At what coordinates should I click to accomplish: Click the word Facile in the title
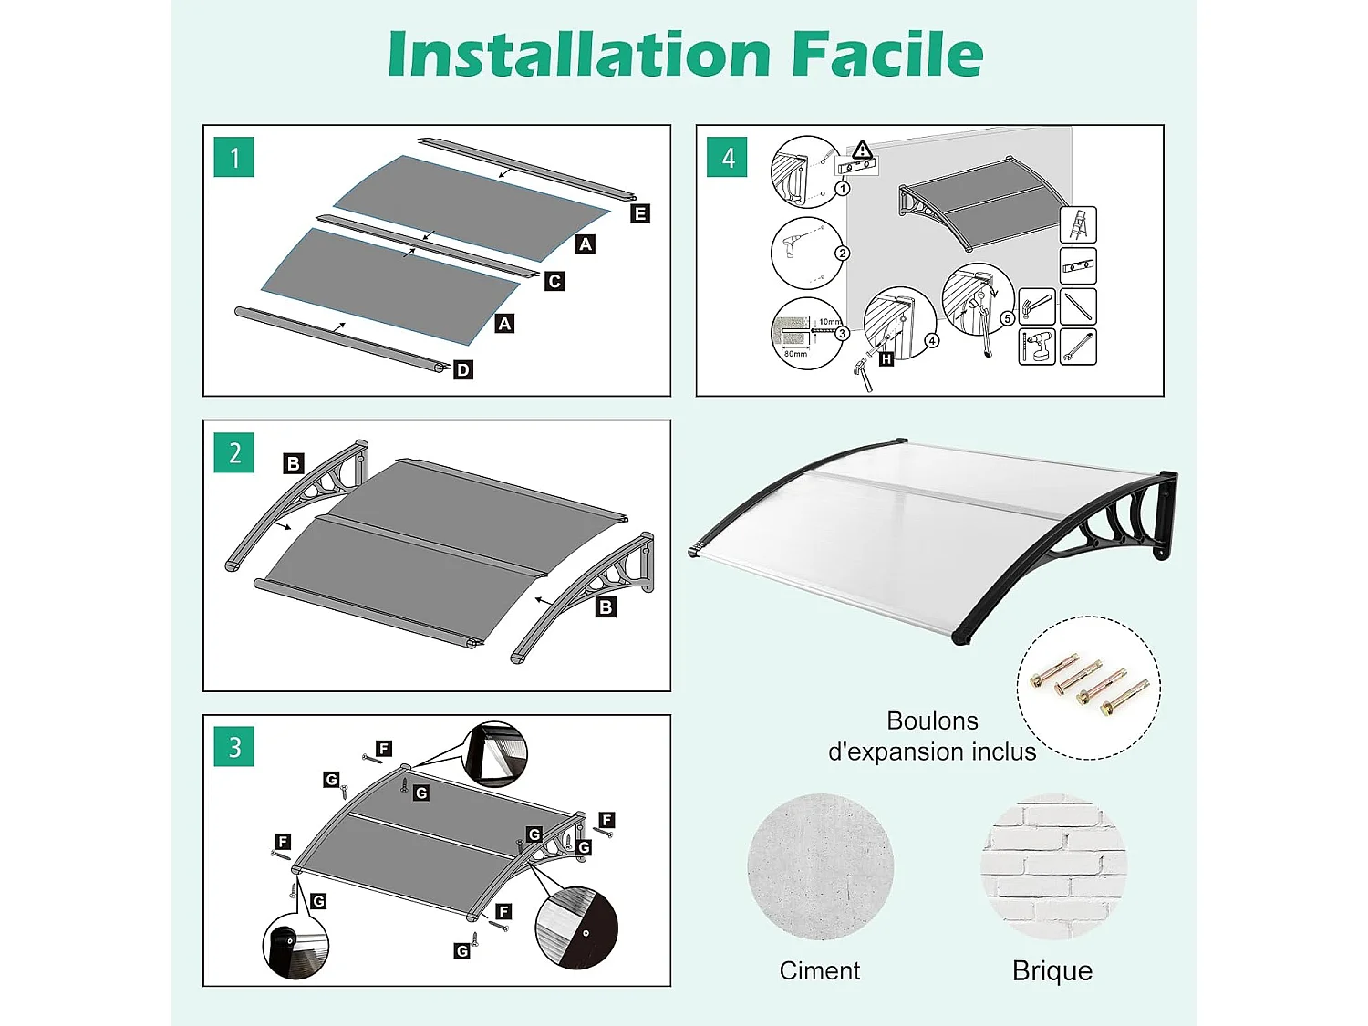886,55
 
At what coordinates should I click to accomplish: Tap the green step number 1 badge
234,158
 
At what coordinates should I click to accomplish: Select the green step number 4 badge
727,158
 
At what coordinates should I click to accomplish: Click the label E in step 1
640,213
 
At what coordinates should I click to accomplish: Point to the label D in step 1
463,369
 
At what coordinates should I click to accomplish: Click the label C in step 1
554,281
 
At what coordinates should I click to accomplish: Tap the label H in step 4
886,359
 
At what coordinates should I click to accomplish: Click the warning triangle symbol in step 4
863,150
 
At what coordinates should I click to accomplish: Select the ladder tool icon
1078,224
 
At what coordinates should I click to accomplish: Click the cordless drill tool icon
1037,347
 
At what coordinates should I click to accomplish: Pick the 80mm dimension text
795,354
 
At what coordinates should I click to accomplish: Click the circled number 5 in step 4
1007,318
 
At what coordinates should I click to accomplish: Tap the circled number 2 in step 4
842,254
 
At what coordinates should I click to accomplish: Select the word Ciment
819,970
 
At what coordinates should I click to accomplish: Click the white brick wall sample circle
1053,866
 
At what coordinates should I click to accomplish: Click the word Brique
1052,970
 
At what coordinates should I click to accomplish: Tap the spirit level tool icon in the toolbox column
1078,266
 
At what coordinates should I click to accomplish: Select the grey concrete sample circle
820,866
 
